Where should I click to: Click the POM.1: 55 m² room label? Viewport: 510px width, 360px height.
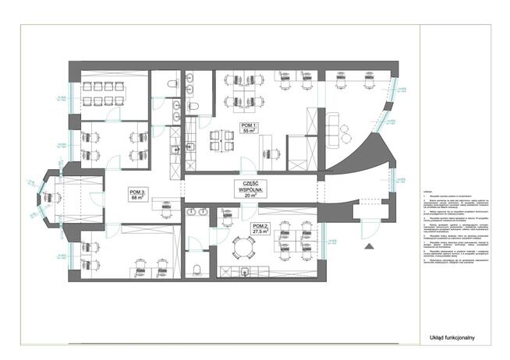point(250,129)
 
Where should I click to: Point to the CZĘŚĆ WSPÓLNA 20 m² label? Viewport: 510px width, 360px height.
point(251,189)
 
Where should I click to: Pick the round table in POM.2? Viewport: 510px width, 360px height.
point(245,249)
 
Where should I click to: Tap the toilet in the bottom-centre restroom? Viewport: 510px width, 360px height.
point(198,269)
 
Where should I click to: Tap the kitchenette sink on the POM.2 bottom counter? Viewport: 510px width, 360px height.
point(245,270)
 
